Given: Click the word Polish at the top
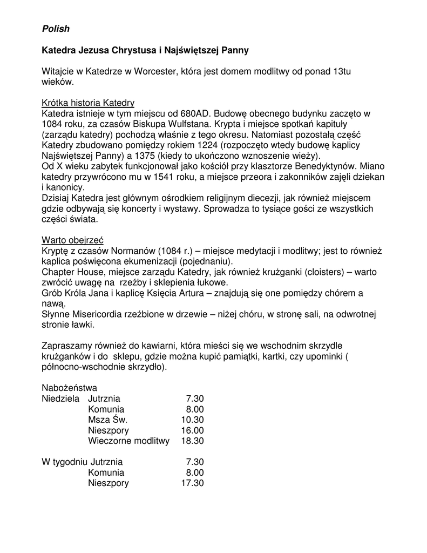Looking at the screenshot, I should [56, 29].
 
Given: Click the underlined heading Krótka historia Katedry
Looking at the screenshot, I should [88, 103].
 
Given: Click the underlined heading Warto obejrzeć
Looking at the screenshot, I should [72, 240].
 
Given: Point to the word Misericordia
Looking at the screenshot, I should [97, 314].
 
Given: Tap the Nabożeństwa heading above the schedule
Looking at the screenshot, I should [69, 388].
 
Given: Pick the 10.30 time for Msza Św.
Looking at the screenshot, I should [192, 420].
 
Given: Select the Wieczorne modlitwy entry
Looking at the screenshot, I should [128, 441].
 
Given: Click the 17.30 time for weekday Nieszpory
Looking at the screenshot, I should [192, 483].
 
